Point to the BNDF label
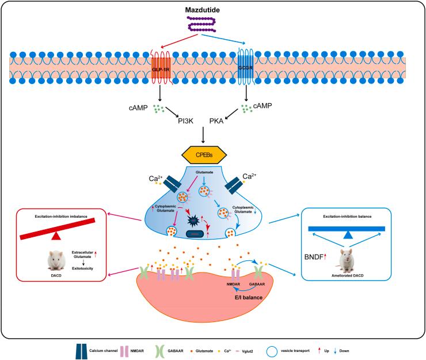coord(319,252)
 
